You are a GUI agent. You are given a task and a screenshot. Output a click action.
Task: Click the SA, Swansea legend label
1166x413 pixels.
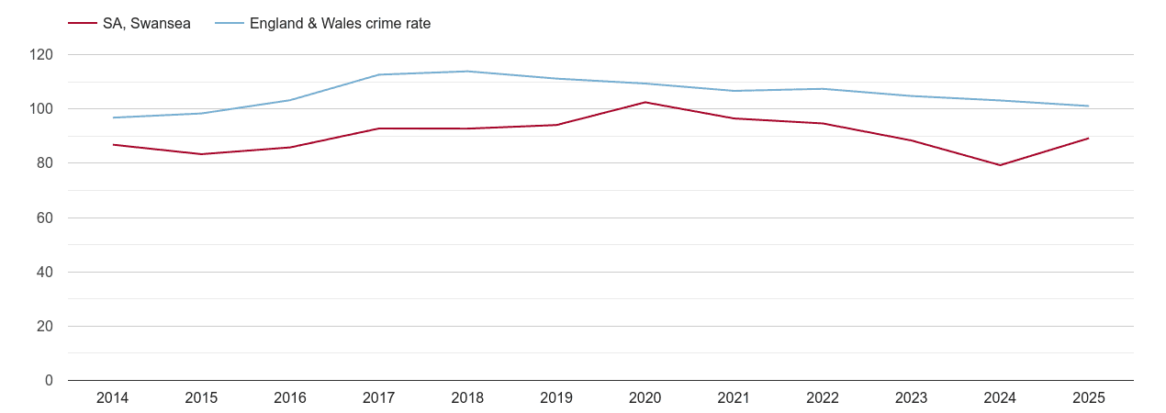pyautogui.click(x=146, y=24)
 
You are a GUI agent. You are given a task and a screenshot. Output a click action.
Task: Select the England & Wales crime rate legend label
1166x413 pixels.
pyautogui.click(x=340, y=24)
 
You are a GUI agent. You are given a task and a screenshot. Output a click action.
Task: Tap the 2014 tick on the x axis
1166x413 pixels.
pyautogui.click(x=112, y=397)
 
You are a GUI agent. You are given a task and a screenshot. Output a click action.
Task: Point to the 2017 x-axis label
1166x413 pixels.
pyautogui.click(x=378, y=397)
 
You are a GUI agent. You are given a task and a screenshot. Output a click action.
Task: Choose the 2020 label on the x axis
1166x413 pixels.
pyautogui.click(x=645, y=397)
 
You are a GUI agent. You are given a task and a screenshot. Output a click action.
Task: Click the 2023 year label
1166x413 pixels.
pyautogui.click(x=911, y=397)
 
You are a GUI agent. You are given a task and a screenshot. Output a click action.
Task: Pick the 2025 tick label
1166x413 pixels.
pyautogui.click(x=1088, y=397)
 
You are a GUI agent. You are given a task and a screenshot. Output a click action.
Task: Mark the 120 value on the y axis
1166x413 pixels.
pyautogui.click(x=41, y=55)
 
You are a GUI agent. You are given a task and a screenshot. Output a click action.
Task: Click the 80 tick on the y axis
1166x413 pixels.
pyautogui.click(x=45, y=163)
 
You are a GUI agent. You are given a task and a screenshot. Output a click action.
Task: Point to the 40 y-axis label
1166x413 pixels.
pyautogui.click(x=45, y=273)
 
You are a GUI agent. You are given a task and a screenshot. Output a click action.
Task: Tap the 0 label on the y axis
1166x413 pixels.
pyautogui.click(x=49, y=381)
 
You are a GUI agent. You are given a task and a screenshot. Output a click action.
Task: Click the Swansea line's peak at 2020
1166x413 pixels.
pyautogui.click(x=645, y=102)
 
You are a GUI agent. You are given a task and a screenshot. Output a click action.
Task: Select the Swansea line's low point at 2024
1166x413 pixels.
pyautogui.click(x=1000, y=165)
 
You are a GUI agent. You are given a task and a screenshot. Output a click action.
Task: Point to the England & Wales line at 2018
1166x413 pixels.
pyautogui.click(x=467, y=72)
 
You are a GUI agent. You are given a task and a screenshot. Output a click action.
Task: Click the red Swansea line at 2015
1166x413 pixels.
pyautogui.click(x=201, y=154)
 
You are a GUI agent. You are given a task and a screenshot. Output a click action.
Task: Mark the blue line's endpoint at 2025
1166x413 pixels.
pyautogui.click(x=1088, y=106)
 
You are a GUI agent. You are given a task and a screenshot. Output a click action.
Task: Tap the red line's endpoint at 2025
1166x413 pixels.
pyautogui.click(x=1088, y=139)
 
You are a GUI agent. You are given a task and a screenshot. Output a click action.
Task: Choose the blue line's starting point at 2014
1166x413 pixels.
pyautogui.click(x=113, y=117)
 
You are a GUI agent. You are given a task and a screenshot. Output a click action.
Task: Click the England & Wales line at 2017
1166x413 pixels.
pyautogui.click(x=378, y=74)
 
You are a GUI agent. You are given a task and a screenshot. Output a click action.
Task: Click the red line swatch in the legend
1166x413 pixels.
pyautogui.click(x=82, y=24)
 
